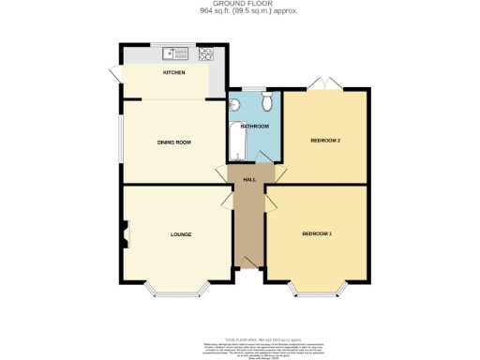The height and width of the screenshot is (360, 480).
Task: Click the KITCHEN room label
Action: (x=173, y=73)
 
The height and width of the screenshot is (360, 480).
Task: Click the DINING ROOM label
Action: (x=173, y=142)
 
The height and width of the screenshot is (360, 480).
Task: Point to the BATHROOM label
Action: (x=255, y=127)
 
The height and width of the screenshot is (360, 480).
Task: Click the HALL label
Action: (x=249, y=179)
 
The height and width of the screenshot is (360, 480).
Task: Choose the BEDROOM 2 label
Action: (x=325, y=141)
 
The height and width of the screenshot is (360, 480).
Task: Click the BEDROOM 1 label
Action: (x=316, y=232)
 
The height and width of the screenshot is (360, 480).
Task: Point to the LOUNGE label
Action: (x=181, y=233)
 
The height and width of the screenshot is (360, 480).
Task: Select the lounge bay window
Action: (x=175, y=292)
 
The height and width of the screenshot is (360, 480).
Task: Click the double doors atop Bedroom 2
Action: (x=326, y=83)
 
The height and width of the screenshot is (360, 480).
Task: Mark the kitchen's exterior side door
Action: (x=115, y=73)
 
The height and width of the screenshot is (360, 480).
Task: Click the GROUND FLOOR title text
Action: (x=239, y=5)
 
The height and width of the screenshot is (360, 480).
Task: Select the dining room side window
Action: (x=119, y=141)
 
